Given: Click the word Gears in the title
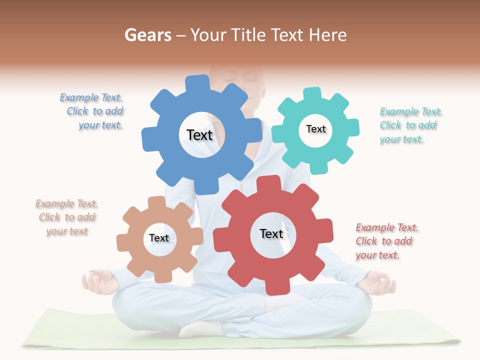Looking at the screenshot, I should tap(147, 35).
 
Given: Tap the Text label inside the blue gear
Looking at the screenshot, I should tap(199, 135).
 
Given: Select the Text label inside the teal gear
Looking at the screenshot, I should tap(315, 129).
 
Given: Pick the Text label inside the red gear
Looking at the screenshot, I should tap(271, 233).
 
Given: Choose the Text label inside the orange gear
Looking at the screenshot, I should tap(159, 238).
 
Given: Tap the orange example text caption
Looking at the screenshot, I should tap(67, 217).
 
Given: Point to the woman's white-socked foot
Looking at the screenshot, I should tap(200, 328).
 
